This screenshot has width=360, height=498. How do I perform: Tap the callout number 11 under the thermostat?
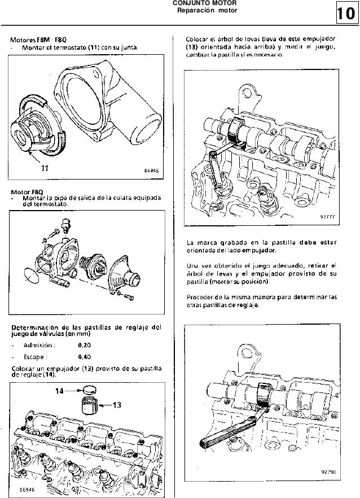(x=44, y=168)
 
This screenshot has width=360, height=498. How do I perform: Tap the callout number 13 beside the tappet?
(x=117, y=404)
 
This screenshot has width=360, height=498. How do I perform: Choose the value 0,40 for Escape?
(x=85, y=357)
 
